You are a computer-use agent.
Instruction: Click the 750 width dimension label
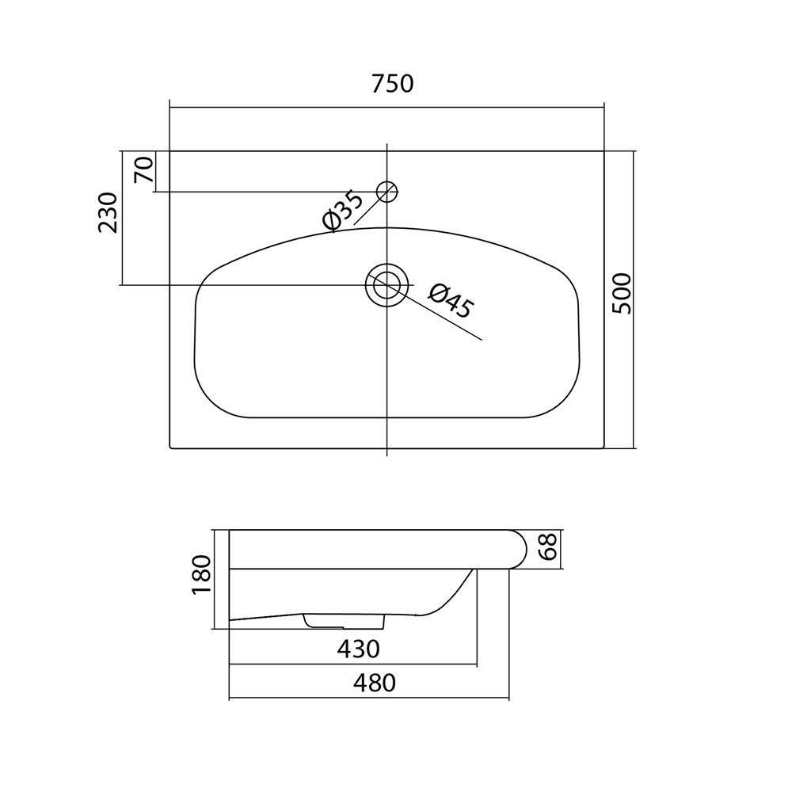[x=393, y=84]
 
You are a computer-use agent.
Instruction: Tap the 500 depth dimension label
[x=622, y=294]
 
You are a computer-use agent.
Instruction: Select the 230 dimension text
[x=108, y=212]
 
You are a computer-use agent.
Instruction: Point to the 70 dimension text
[x=143, y=169]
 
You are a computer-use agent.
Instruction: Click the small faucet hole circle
[x=387, y=191]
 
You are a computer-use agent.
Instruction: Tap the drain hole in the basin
[x=387, y=285]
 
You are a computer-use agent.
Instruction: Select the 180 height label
[x=201, y=575]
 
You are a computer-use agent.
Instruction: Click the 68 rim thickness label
[x=547, y=546]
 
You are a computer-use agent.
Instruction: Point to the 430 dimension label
[x=358, y=649]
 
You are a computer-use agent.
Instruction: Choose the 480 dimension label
[x=375, y=683]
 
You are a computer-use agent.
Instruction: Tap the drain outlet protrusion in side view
[x=345, y=621]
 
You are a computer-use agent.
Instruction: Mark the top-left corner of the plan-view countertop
[x=169, y=151]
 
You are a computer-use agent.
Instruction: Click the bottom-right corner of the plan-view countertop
[x=604, y=448]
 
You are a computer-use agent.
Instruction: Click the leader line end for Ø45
[x=482, y=340]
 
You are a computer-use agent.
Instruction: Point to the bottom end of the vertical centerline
[x=387, y=456]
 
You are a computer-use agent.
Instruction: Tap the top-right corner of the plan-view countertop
[x=604, y=151]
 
